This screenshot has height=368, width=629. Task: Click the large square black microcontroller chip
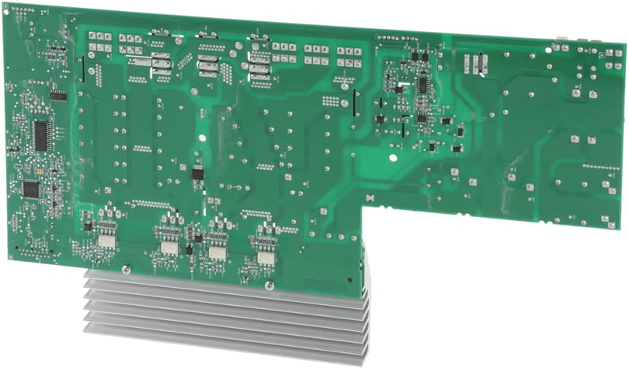[31, 189]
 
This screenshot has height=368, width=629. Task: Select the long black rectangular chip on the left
[41, 134]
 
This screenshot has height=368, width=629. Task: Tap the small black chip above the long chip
[58, 95]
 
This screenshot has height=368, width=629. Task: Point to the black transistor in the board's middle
[197, 172]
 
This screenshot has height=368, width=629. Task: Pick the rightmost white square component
[265, 256]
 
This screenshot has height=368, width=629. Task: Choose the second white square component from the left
[167, 246]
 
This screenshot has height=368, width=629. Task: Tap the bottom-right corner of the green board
[615, 226]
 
